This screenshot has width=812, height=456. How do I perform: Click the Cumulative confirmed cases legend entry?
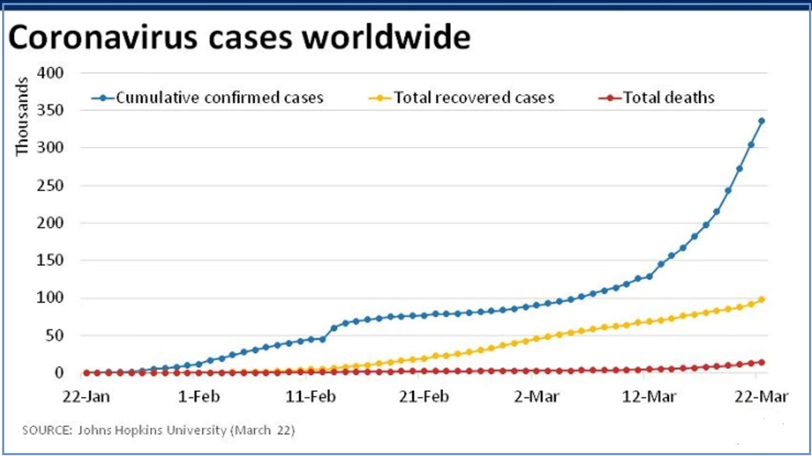click(x=219, y=98)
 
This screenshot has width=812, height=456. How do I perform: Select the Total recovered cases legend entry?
click(x=474, y=98)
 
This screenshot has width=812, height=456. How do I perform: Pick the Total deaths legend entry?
click(x=668, y=98)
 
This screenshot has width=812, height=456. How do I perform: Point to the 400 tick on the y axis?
click(x=50, y=73)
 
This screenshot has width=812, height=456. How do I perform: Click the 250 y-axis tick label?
click(x=50, y=186)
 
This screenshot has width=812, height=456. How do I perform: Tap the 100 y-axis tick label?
click(x=50, y=298)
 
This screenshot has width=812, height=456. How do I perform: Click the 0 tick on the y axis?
click(x=59, y=373)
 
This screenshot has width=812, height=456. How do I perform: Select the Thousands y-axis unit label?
click(x=22, y=116)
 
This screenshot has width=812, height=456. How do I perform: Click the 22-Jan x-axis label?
click(x=86, y=397)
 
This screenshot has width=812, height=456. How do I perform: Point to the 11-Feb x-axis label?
click(x=311, y=397)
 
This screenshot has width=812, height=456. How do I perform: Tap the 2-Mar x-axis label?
click(x=537, y=397)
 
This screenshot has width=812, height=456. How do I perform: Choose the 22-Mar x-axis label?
click(x=761, y=397)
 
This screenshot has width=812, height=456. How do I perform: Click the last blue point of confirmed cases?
click(x=761, y=121)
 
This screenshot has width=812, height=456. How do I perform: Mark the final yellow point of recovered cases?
click(x=761, y=300)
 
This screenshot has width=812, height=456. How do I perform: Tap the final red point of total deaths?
click(x=761, y=362)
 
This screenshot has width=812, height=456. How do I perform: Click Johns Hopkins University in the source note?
click(x=152, y=430)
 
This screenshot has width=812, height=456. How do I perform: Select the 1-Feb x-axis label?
click(x=199, y=397)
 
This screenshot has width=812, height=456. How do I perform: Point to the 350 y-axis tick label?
click(x=50, y=110)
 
